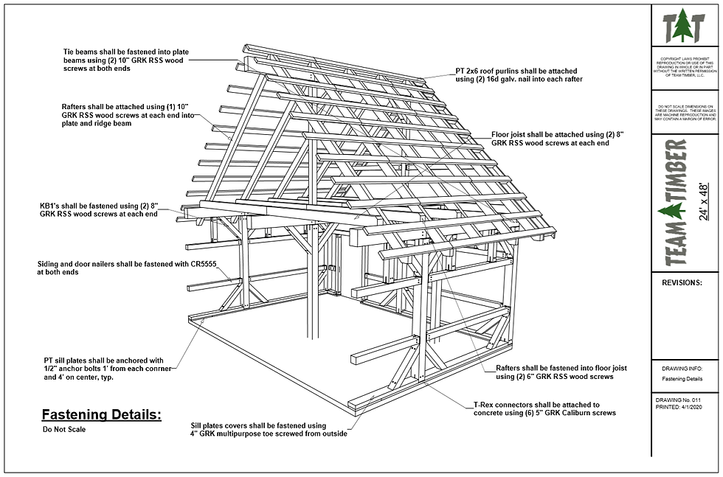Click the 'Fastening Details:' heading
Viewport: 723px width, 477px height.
coord(101,414)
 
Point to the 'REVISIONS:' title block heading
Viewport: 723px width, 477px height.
coord(682,282)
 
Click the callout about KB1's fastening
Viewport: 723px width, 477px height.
coord(99,209)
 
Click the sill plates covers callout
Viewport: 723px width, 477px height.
coord(268,429)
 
